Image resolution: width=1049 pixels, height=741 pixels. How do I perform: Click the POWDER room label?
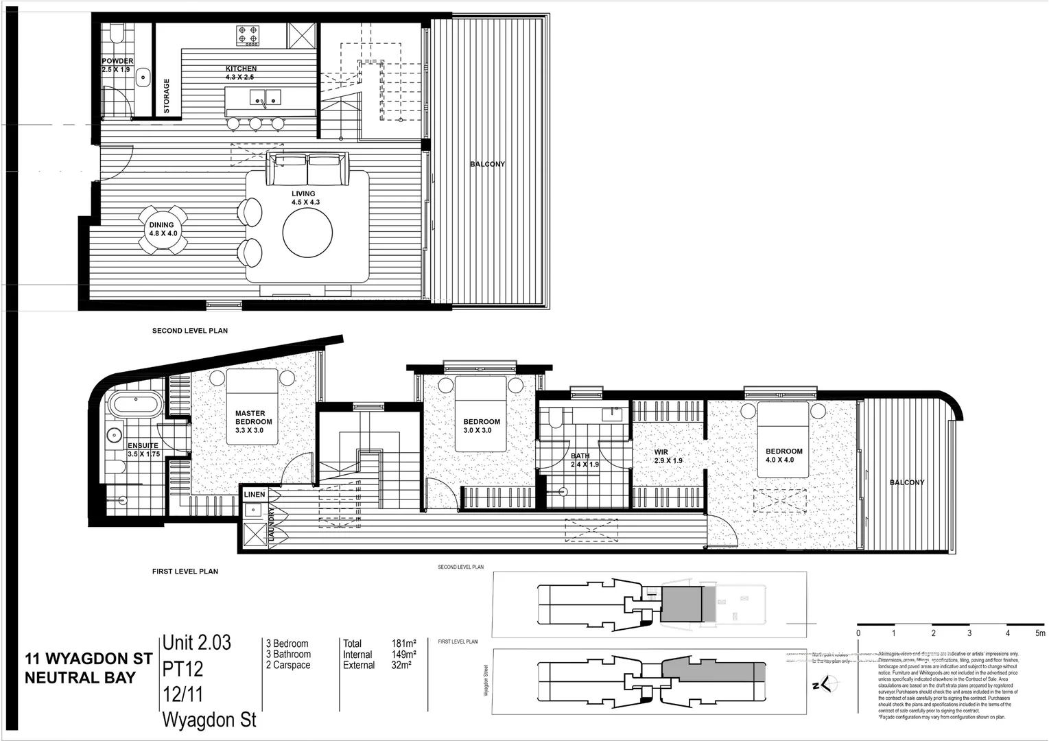[x=117, y=61]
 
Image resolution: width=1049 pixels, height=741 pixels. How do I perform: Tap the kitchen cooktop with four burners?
[x=248, y=36]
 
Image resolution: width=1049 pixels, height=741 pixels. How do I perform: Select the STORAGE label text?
[x=167, y=96]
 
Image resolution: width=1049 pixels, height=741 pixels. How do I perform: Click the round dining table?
[x=162, y=229]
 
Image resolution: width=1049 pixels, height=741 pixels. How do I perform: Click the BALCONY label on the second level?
[x=487, y=164]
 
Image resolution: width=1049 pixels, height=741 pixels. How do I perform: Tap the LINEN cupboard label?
[x=254, y=494]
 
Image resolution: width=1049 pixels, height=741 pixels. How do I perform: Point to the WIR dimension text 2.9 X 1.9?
[x=668, y=460]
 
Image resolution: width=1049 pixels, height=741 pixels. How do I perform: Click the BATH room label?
[x=580, y=456]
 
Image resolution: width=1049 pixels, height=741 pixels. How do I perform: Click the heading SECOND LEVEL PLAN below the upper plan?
[x=190, y=331]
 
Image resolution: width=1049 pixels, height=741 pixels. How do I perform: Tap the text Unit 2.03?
[x=197, y=643]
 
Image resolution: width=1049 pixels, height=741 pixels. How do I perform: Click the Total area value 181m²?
[x=404, y=644]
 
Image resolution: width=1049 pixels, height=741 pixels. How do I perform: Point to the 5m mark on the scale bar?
[x=1040, y=633]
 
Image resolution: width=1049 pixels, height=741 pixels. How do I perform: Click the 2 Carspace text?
[x=288, y=665]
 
